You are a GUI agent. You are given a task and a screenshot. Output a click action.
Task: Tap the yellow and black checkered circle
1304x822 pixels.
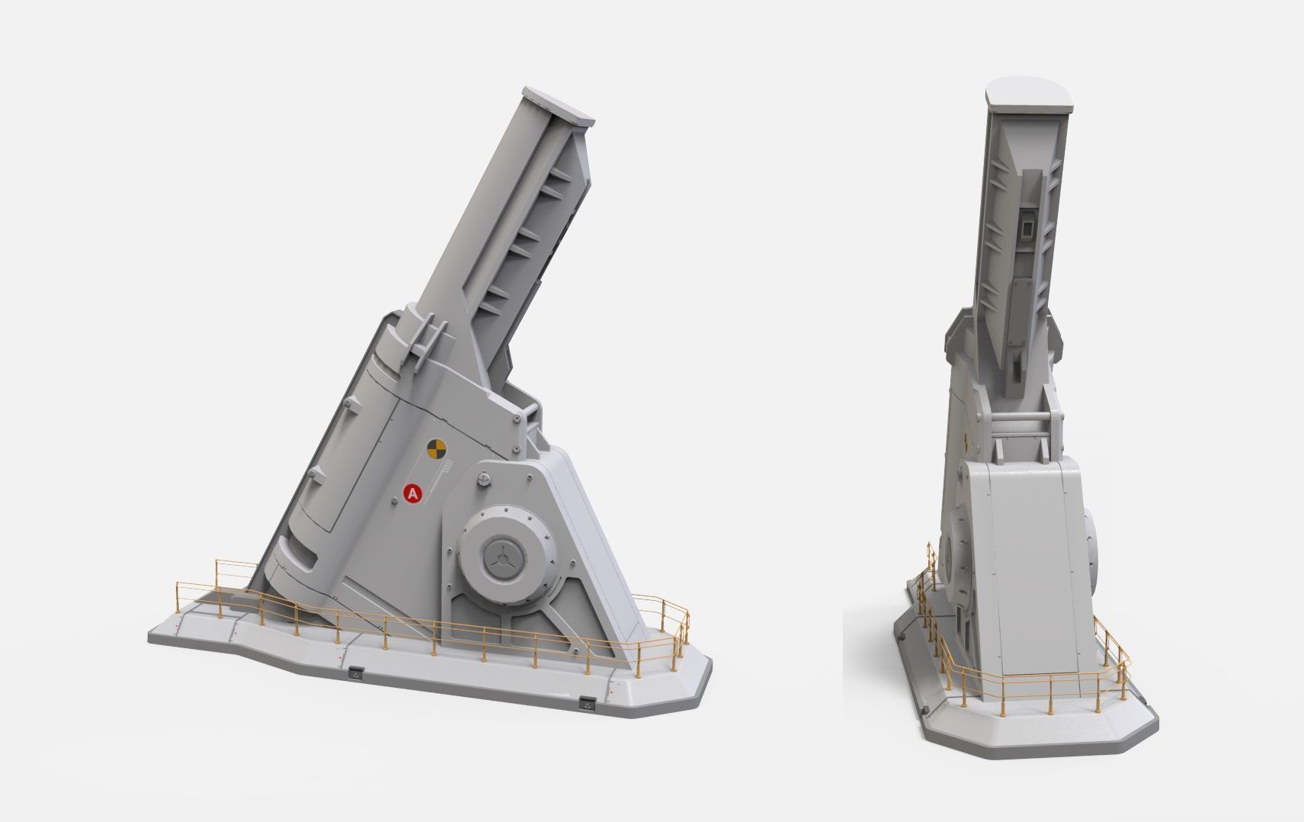(x=435, y=449)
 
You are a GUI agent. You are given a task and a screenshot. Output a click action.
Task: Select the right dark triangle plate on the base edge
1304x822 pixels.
(x=587, y=704)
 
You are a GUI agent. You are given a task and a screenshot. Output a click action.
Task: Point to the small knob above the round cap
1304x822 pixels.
(x=482, y=478)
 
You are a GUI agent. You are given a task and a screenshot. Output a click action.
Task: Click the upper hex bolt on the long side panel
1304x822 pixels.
(x=347, y=403)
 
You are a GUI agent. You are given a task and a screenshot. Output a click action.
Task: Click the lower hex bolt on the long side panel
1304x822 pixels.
(x=313, y=477)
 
